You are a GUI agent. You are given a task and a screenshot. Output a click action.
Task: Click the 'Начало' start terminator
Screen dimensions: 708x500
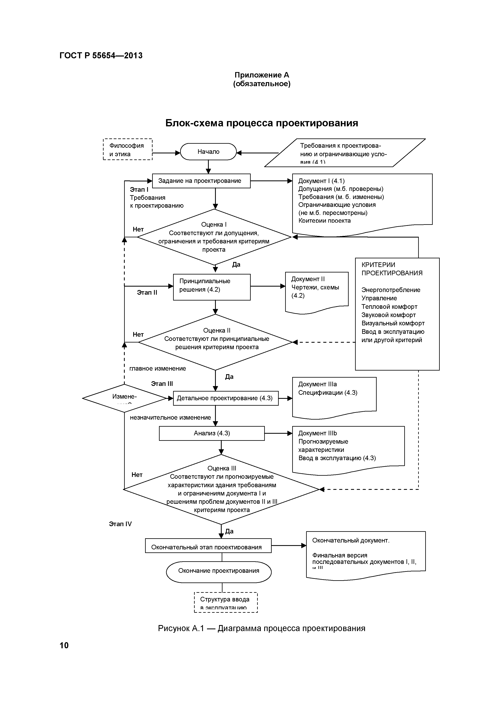click(x=208, y=152)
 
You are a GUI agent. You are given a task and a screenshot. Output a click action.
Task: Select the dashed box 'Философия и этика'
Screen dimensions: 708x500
click(x=127, y=150)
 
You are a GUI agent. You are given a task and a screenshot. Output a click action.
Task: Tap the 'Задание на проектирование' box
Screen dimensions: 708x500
click(x=201, y=181)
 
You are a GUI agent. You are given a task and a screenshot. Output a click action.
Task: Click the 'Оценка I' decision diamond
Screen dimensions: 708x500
click(x=214, y=237)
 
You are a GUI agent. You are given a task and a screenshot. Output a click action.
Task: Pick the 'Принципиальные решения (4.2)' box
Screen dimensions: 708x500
click(x=212, y=287)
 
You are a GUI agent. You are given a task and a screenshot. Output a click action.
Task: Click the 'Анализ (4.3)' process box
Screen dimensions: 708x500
click(x=212, y=433)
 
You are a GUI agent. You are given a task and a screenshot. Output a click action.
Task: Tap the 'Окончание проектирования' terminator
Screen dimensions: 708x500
click(x=219, y=571)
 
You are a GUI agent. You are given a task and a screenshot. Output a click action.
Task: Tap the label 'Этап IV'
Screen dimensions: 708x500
click(x=120, y=524)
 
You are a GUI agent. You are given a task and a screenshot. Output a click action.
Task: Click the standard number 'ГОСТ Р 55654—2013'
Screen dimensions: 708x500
click(x=101, y=56)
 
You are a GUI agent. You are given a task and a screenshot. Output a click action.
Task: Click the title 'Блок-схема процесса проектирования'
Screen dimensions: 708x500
click(x=262, y=123)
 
